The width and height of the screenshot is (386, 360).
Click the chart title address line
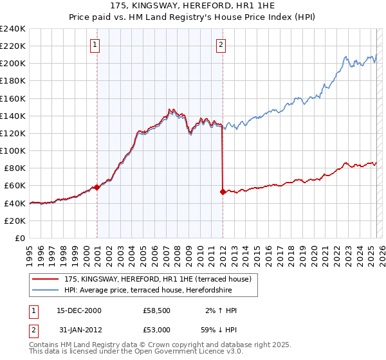tap(193, 6)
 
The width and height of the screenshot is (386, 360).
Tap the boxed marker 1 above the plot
tap(95, 44)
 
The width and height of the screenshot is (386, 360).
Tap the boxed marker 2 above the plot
tap(221, 44)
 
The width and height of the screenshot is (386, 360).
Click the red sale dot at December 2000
tap(96, 187)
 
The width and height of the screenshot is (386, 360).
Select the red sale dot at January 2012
tap(223, 192)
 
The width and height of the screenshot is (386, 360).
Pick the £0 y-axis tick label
tap(20, 238)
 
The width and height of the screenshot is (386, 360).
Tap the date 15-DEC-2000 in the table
tap(79, 310)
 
